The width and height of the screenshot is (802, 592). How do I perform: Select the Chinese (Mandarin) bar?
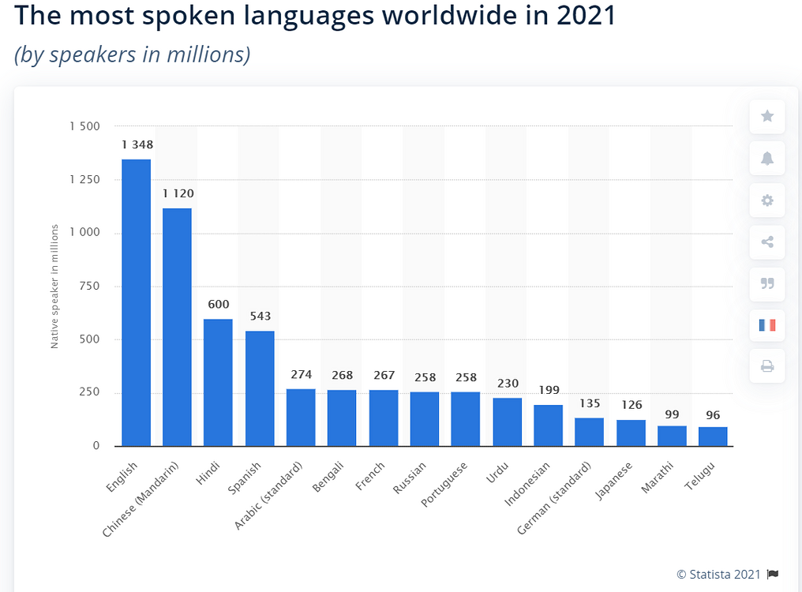(177, 327)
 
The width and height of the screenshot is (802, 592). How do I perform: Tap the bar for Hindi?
(218, 382)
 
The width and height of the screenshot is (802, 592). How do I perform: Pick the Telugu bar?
(713, 437)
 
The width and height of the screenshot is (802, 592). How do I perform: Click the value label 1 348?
(137, 144)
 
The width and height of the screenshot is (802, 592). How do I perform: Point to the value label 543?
(259, 316)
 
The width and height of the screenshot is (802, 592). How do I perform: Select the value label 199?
(548, 389)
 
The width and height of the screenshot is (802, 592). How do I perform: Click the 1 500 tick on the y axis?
(85, 126)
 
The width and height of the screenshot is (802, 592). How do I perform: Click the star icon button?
(766, 117)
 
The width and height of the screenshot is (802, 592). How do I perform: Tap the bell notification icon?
(766, 159)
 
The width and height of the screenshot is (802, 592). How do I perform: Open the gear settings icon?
(766, 200)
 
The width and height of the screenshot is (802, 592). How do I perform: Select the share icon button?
(766, 242)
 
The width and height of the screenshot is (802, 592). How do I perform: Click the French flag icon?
(766, 324)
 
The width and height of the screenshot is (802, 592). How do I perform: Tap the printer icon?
(766, 366)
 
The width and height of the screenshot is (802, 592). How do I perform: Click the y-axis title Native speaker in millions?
(55, 287)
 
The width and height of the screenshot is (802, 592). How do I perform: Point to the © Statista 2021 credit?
(721, 574)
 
